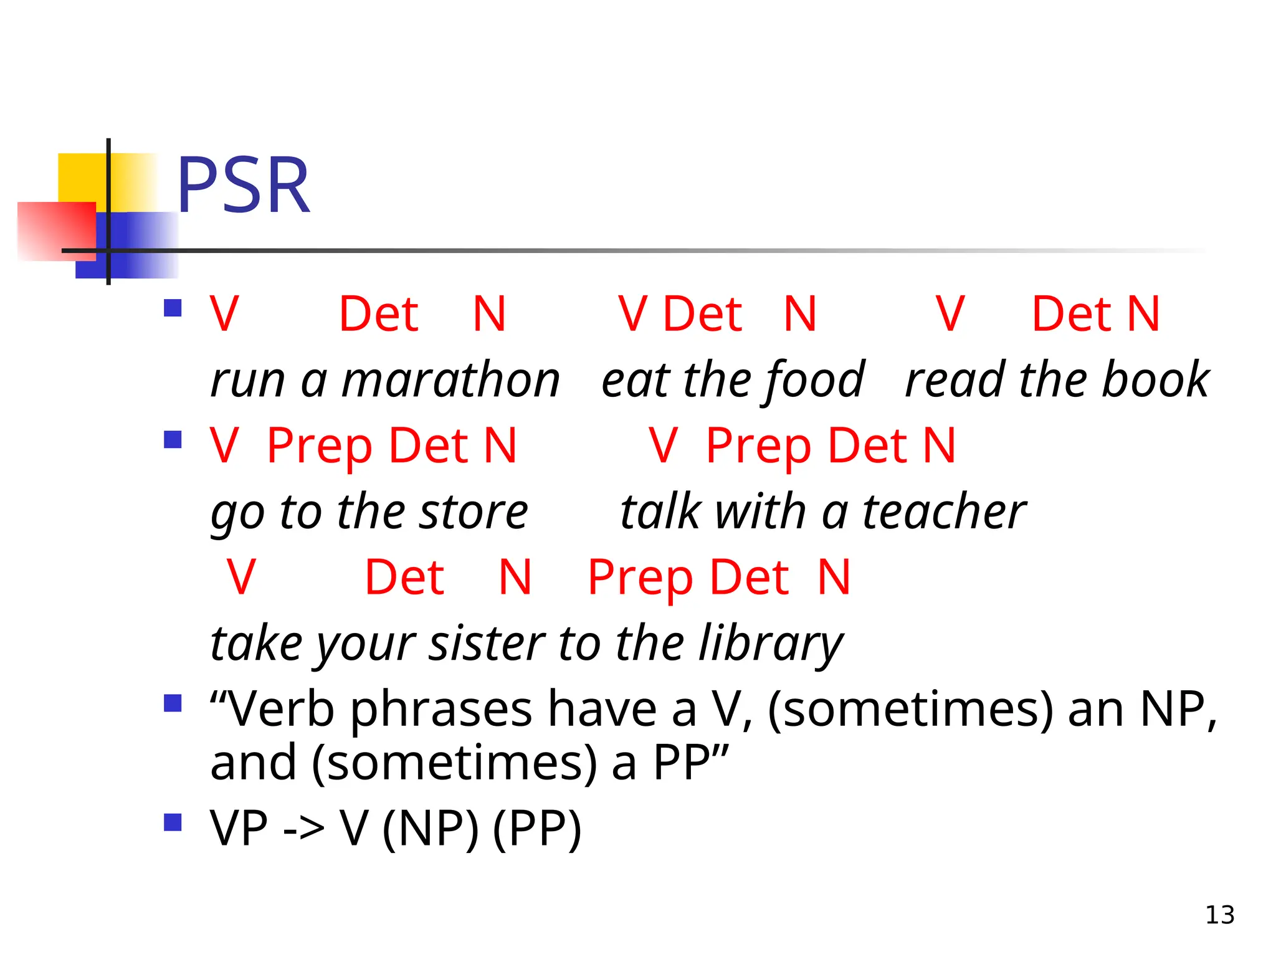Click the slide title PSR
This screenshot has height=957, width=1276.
tap(243, 185)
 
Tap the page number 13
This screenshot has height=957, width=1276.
tap(1219, 915)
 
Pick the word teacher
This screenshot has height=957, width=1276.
tap(943, 512)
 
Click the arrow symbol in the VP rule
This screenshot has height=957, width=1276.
tap(303, 829)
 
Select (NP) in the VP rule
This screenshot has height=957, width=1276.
tap(431, 829)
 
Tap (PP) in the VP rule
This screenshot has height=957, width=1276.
tap(536, 829)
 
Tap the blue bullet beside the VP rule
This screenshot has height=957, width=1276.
tap(173, 822)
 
